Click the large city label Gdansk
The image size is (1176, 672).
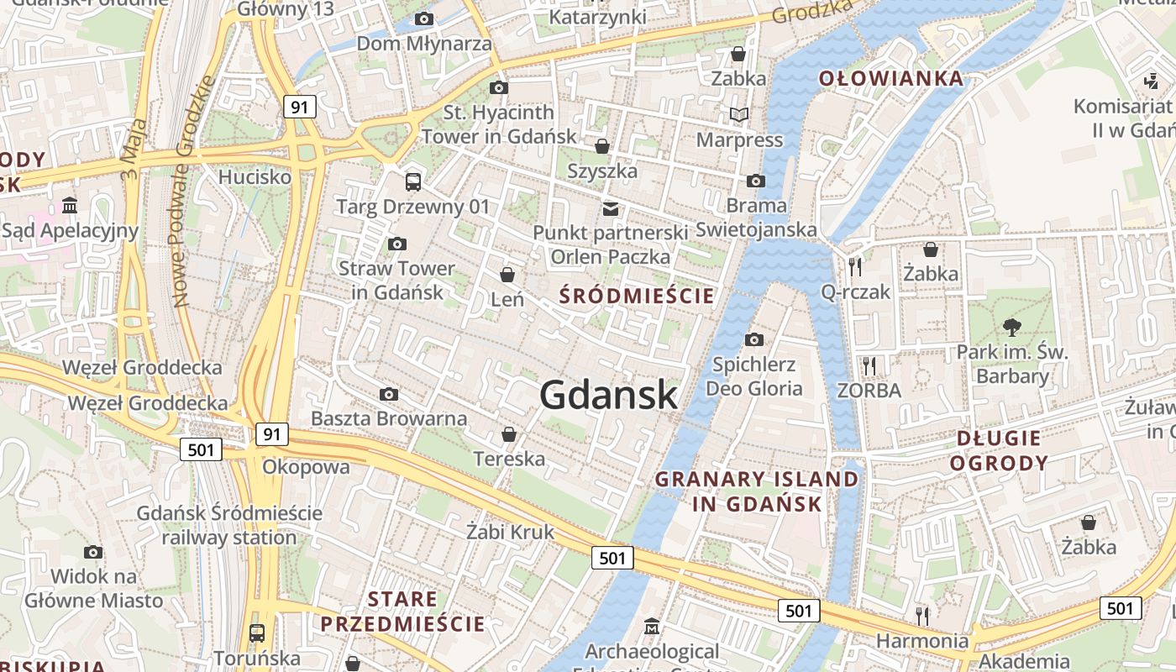pos(608,395)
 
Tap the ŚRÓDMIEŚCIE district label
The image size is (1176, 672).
pos(637,296)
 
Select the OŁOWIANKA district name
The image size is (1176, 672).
pos(891,79)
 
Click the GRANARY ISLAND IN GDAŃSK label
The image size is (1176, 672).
pos(756,491)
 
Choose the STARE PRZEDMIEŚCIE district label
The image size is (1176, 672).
pos(402,612)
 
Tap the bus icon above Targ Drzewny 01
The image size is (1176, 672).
pos(413,181)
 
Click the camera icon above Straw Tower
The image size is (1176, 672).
pos(397,244)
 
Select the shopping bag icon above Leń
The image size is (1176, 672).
pos(507,275)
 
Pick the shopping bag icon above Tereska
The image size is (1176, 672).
pos(509,434)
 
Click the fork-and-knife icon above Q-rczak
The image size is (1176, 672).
pos(855,266)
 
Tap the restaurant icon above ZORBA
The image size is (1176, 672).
pos(869,365)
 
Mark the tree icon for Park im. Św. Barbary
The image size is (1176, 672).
pos(1011,327)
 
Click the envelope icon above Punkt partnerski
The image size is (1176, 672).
pos(610,208)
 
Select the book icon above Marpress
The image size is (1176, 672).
pos(739,115)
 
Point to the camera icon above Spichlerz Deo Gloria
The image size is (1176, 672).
pos(754,339)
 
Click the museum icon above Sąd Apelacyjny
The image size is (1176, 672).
pos(70,206)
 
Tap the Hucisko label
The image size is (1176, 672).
pos(255,177)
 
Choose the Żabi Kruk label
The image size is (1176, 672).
pos(510,532)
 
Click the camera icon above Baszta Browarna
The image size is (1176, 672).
pos(388,394)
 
